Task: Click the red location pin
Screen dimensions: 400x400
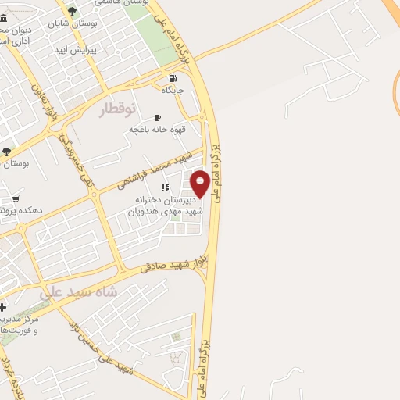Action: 200,183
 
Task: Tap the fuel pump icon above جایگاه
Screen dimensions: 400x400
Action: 173,78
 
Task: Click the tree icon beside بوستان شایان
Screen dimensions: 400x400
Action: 72,11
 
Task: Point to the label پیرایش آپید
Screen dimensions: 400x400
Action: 73,49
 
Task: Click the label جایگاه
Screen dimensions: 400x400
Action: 173,91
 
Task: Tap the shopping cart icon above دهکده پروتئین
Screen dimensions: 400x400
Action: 15,199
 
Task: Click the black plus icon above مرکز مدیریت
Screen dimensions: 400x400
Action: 3,307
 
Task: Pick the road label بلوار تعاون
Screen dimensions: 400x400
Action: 45,102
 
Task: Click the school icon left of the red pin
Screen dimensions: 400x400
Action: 164,187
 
